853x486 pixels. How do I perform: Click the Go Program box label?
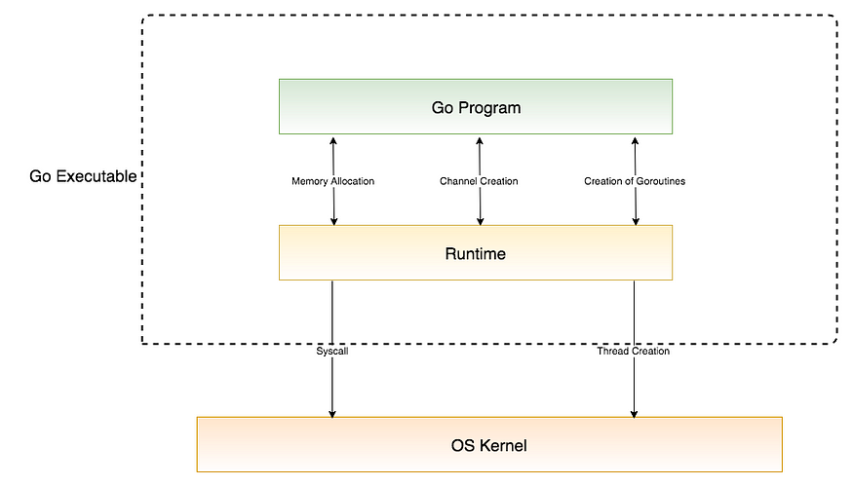pos(476,107)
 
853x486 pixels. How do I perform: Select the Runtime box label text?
pos(476,253)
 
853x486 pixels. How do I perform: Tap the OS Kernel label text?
pos(488,445)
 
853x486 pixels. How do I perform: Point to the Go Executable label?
pos(83,176)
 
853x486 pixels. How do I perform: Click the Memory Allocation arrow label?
pos(332,181)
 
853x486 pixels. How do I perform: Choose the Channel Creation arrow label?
pos(479,181)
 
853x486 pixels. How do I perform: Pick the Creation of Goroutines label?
pos(635,181)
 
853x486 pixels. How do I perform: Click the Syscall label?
pos(332,351)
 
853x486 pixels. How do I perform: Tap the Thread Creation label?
pos(634,351)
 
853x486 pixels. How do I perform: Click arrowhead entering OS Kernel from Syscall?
pos(332,412)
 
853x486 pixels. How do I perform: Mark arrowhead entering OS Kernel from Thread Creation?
pos(635,412)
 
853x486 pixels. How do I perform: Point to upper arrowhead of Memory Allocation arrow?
pos(333,141)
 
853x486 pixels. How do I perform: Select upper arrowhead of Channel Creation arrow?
pos(479,141)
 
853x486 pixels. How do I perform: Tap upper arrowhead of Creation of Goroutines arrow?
pos(635,141)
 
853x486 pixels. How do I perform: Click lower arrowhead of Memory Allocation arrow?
pos(333,220)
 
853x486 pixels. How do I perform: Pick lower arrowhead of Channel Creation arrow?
pos(479,220)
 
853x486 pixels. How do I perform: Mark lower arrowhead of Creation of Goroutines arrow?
pos(636,220)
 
